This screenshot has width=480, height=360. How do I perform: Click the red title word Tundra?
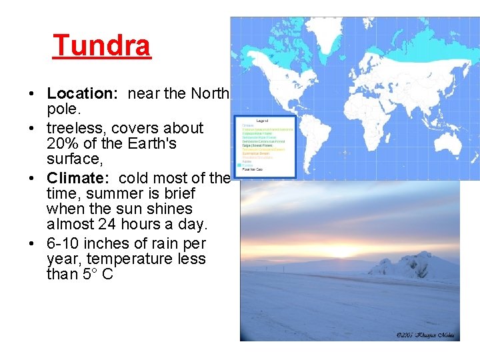102,46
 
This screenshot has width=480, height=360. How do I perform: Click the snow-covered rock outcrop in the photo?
404,267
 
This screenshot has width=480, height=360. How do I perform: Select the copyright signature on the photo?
424,335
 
